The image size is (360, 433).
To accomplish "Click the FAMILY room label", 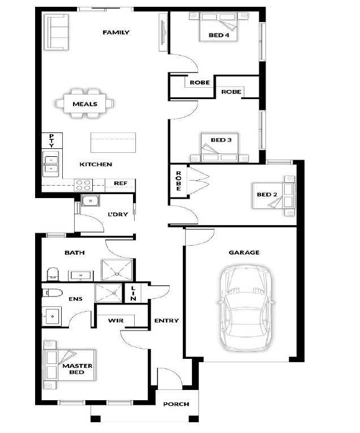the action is tap(116, 32).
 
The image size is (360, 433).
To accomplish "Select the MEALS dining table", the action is tap(85, 104).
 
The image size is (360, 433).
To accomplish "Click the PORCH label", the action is tap(176, 404).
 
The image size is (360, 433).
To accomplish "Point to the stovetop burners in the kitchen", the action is tap(83, 185).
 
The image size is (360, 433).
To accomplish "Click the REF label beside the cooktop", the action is tap(121, 183).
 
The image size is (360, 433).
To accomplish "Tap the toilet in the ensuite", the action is tap(53, 292).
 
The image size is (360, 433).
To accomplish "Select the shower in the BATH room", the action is tap(117, 269).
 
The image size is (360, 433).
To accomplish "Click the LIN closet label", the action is tap(133, 293).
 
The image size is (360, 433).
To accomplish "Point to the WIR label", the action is tap(115, 320).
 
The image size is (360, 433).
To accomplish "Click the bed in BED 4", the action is tap(218, 27).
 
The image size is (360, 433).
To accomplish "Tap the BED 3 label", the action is tap(221, 140).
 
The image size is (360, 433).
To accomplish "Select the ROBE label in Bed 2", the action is tap(179, 181).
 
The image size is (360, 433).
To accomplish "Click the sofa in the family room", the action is tap(57, 32).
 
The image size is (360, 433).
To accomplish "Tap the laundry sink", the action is tap(90, 200).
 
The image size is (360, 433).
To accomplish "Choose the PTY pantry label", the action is tap(52, 140).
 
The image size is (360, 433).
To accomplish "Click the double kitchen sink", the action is tap(51, 164).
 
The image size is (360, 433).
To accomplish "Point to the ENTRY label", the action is tap(166, 320).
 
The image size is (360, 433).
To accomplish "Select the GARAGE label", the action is tap(244, 252).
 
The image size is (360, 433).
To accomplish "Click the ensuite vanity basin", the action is tap(52, 316).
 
